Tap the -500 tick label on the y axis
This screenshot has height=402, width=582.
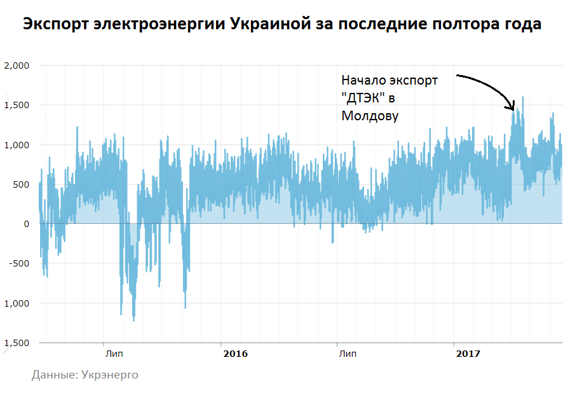tap(20, 263)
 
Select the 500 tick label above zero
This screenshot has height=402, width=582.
tap(20, 184)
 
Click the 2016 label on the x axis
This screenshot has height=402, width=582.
tap(235, 353)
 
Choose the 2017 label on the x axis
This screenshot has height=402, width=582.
tap(468, 353)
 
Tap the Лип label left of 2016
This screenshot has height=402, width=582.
tap(114, 353)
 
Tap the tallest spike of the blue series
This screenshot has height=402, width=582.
tap(523, 98)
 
